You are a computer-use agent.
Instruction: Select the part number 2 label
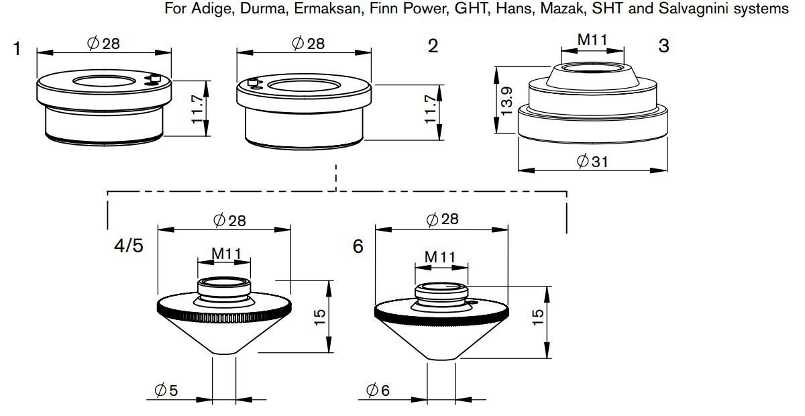click(433, 46)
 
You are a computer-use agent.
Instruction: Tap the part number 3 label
click(663, 46)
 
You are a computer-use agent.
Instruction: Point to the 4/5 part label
click(127, 246)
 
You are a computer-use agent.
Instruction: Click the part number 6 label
click(358, 247)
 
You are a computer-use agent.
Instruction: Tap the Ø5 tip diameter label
click(166, 391)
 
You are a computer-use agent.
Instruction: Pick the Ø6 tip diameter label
click(378, 390)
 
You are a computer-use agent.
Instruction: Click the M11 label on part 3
click(592, 40)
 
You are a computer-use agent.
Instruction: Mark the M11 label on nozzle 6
click(440, 256)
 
